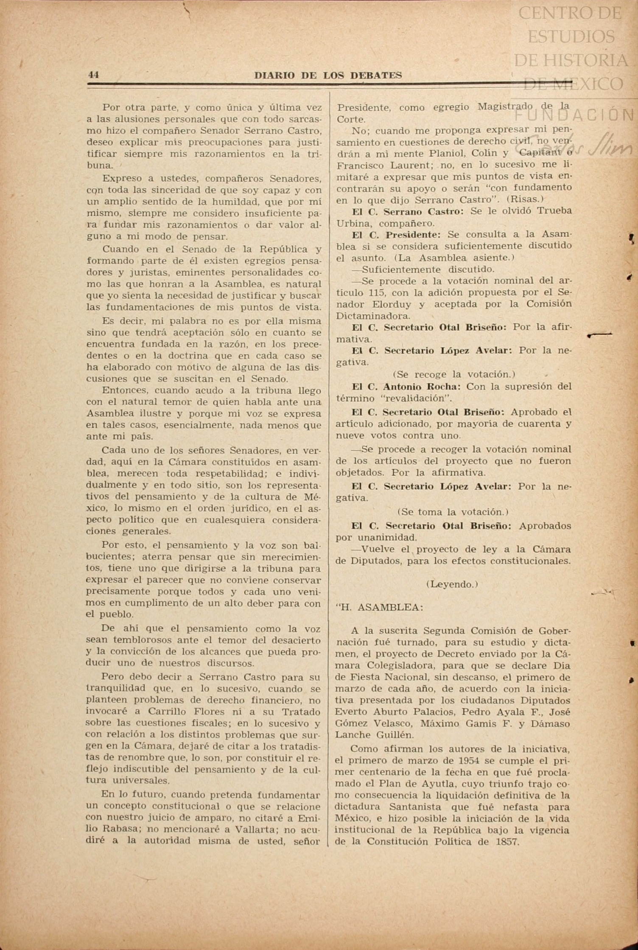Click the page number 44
(93, 75)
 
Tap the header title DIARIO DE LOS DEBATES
(328, 76)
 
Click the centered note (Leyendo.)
(452, 584)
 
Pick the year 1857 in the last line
(507, 842)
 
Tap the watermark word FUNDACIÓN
(575, 115)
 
